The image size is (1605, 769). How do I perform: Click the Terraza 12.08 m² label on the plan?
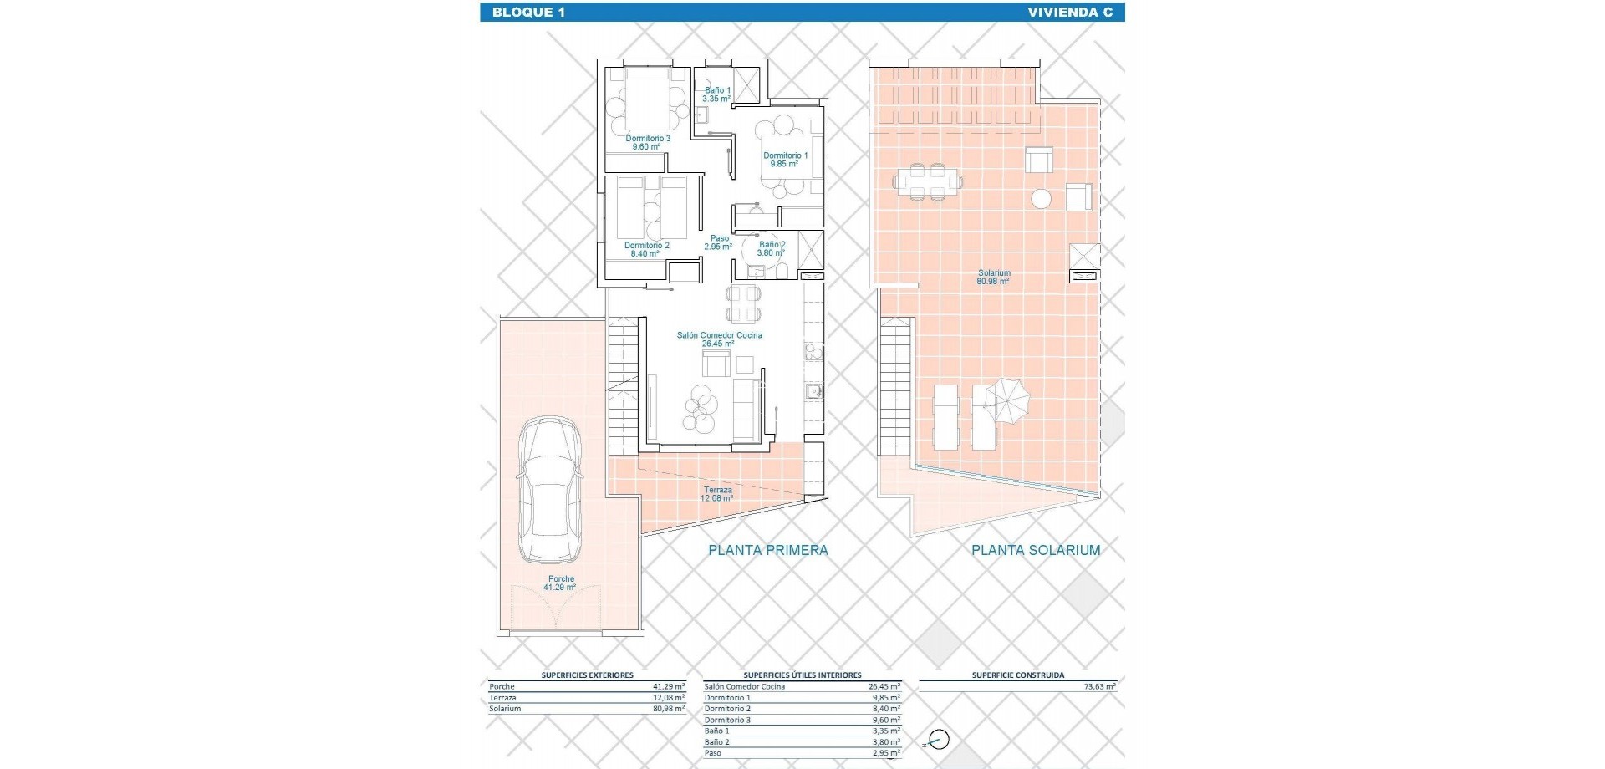coord(717,494)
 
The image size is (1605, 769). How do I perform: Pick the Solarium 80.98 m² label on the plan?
coord(994,278)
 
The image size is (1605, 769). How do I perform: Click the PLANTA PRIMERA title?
coord(767,550)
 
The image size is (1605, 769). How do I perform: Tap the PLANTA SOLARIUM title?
coord(1035,550)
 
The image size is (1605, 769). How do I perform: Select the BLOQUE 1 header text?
coord(524,12)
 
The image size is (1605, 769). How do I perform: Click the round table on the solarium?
coord(1041,198)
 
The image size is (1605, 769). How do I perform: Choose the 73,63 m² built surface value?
coord(1099,686)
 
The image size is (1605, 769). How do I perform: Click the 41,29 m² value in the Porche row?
coord(669,686)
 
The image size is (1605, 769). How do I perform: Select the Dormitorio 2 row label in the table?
coord(727,709)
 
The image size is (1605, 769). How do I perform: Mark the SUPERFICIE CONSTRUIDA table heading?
coord(1017,675)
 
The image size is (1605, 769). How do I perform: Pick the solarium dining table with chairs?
coord(927,181)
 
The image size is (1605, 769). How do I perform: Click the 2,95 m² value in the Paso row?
coord(884,753)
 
